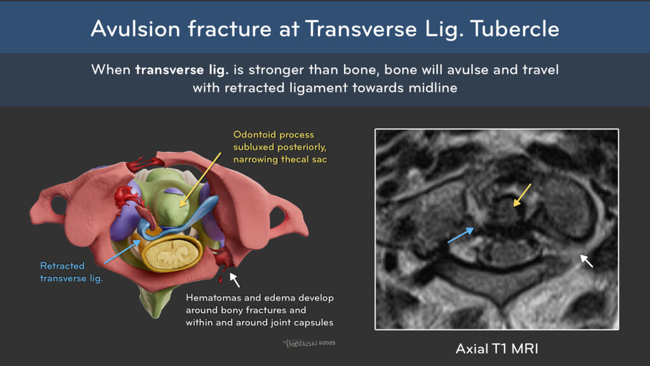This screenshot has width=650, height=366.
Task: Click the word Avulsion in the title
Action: tap(136, 29)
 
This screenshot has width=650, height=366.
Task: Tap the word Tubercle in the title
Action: tap(514, 29)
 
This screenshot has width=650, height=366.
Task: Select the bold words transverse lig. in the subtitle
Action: tap(182, 70)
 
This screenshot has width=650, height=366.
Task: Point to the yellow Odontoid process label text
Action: tap(274, 135)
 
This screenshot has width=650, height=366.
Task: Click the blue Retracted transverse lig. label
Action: tap(71, 272)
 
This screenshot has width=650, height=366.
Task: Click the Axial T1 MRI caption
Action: tap(496, 349)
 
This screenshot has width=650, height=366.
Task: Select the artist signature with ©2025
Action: tap(309, 343)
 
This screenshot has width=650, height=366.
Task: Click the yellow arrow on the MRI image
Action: tap(522, 195)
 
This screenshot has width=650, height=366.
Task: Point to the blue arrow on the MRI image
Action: tap(461, 235)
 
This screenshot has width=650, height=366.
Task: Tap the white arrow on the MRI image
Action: tap(587, 261)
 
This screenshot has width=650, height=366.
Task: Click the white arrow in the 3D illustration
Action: tap(235, 280)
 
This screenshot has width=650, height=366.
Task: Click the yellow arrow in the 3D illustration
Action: tap(200, 180)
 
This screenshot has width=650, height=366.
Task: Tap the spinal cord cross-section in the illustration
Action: tap(171, 253)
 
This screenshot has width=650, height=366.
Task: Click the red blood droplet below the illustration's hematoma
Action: tap(220, 280)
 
